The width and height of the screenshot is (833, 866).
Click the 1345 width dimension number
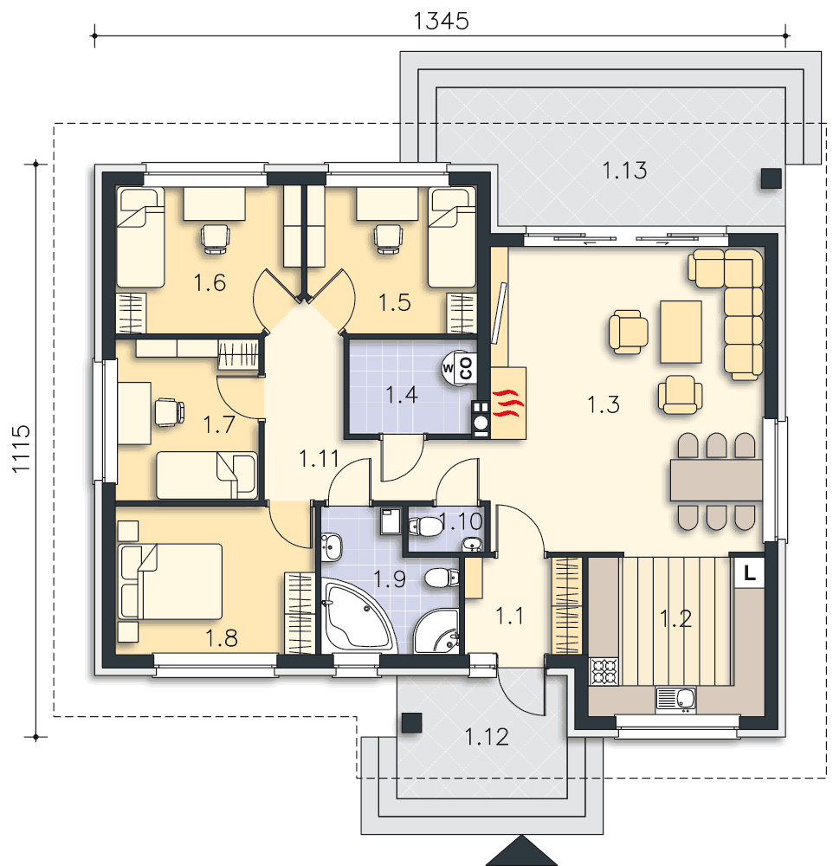click(442, 21)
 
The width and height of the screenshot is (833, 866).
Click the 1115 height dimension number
click(21, 449)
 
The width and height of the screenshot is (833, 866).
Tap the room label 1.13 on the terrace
click(624, 170)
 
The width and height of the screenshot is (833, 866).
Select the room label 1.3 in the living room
click(604, 404)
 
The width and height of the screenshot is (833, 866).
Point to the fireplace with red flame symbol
click(508, 403)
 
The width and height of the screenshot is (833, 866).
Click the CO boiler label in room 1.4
click(466, 368)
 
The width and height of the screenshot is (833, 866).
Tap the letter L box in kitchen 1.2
click(749, 573)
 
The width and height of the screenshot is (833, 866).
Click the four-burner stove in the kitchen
click(604, 671)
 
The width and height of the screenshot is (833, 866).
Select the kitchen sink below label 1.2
click(675, 699)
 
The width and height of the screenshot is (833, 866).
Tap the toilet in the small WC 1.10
click(425, 527)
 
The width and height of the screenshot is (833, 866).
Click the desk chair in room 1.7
click(169, 412)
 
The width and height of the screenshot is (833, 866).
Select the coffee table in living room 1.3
click(681, 332)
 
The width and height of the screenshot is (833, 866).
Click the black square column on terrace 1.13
click(772, 178)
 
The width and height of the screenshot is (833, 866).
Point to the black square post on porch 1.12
click(411, 722)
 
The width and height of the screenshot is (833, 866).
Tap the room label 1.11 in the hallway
click(319, 458)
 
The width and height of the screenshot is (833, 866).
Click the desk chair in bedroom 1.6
click(216, 239)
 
